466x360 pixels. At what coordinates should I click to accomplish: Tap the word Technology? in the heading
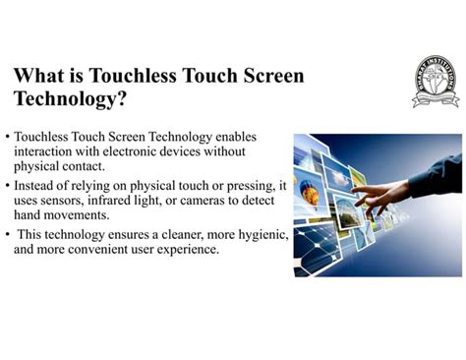(x=70, y=99)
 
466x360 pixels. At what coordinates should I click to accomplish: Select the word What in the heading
(x=38, y=76)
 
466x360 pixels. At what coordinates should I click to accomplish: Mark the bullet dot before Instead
(x=8, y=186)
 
